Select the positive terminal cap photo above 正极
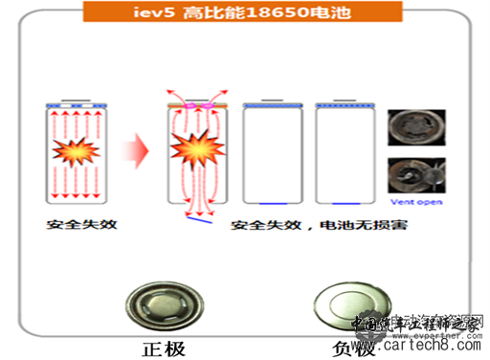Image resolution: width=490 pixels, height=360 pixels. [x=166, y=304]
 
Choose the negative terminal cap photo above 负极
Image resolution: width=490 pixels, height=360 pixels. [x=342, y=304]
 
